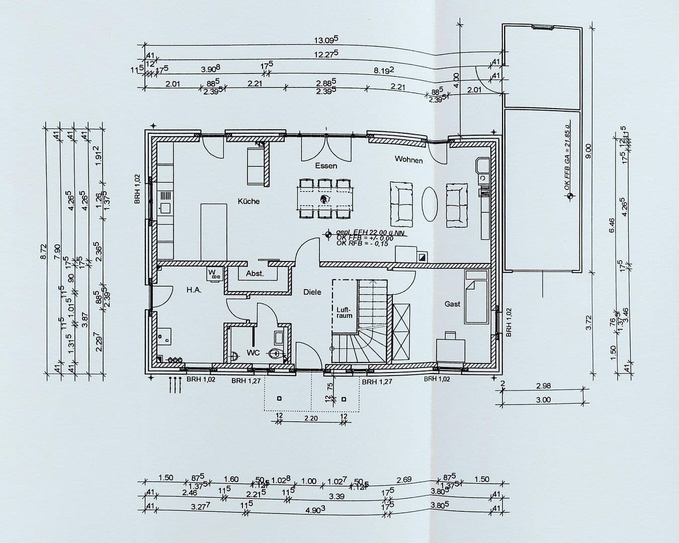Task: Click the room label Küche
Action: pyautogui.click(x=248, y=201)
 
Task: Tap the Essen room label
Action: pyautogui.click(x=326, y=165)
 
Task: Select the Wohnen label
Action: pyautogui.click(x=408, y=159)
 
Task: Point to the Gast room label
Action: pyautogui.click(x=452, y=304)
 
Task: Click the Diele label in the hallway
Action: pyautogui.click(x=312, y=292)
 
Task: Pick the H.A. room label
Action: pyautogui.click(x=194, y=290)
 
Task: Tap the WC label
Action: pyautogui.click(x=253, y=352)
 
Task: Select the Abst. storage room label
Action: pyautogui.click(x=254, y=274)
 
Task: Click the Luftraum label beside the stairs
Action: pyautogui.click(x=345, y=312)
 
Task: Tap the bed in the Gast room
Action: pyautogui.click(x=476, y=297)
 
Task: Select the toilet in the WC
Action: pyautogui.click(x=274, y=353)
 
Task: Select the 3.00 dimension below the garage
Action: pyautogui.click(x=543, y=400)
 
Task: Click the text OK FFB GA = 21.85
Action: pyautogui.click(x=567, y=156)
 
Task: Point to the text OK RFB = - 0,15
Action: pyautogui.click(x=362, y=243)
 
